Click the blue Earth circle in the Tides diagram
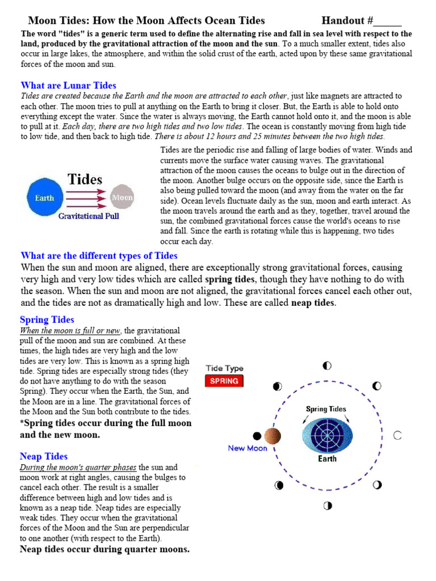pos(45,198)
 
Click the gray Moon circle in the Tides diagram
pos(121,198)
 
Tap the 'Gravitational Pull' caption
pos(89,217)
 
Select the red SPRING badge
pos(224,381)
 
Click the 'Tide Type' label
pos(224,368)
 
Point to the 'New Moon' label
pos(247,448)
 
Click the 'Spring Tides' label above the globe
pos(326,409)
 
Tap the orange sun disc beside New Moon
pos(272,436)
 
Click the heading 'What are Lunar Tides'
pos(68,86)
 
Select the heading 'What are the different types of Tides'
pos(99,256)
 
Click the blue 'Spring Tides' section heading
pos(47,319)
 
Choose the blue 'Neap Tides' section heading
pos(44,456)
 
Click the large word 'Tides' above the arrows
pos(85,180)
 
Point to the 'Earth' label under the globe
pos(327,459)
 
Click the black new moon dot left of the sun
pos(257,436)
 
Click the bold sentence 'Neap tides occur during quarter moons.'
pos(104,549)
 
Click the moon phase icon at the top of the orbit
pos(327,366)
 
